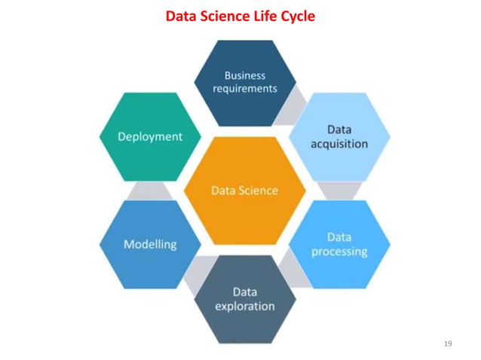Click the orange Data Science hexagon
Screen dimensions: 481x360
point(244,191)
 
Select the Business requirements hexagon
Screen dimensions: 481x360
point(245,82)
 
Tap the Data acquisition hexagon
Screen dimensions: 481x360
point(339,136)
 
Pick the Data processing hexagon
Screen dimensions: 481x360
point(339,244)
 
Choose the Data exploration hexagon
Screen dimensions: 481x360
point(244,299)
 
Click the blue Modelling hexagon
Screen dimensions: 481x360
point(150,244)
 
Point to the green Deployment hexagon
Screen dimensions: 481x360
point(150,136)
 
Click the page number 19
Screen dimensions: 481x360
point(448,343)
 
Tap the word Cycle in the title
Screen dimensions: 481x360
point(296,15)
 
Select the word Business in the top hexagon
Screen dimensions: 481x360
point(245,75)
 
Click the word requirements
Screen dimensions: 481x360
point(245,88)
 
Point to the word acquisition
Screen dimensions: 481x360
point(339,143)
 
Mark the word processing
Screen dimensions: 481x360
point(339,252)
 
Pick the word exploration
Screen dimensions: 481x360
point(244,306)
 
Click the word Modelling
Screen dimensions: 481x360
point(150,244)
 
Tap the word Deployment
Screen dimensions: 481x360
point(150,136)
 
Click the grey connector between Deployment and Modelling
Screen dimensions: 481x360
point(150,190)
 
